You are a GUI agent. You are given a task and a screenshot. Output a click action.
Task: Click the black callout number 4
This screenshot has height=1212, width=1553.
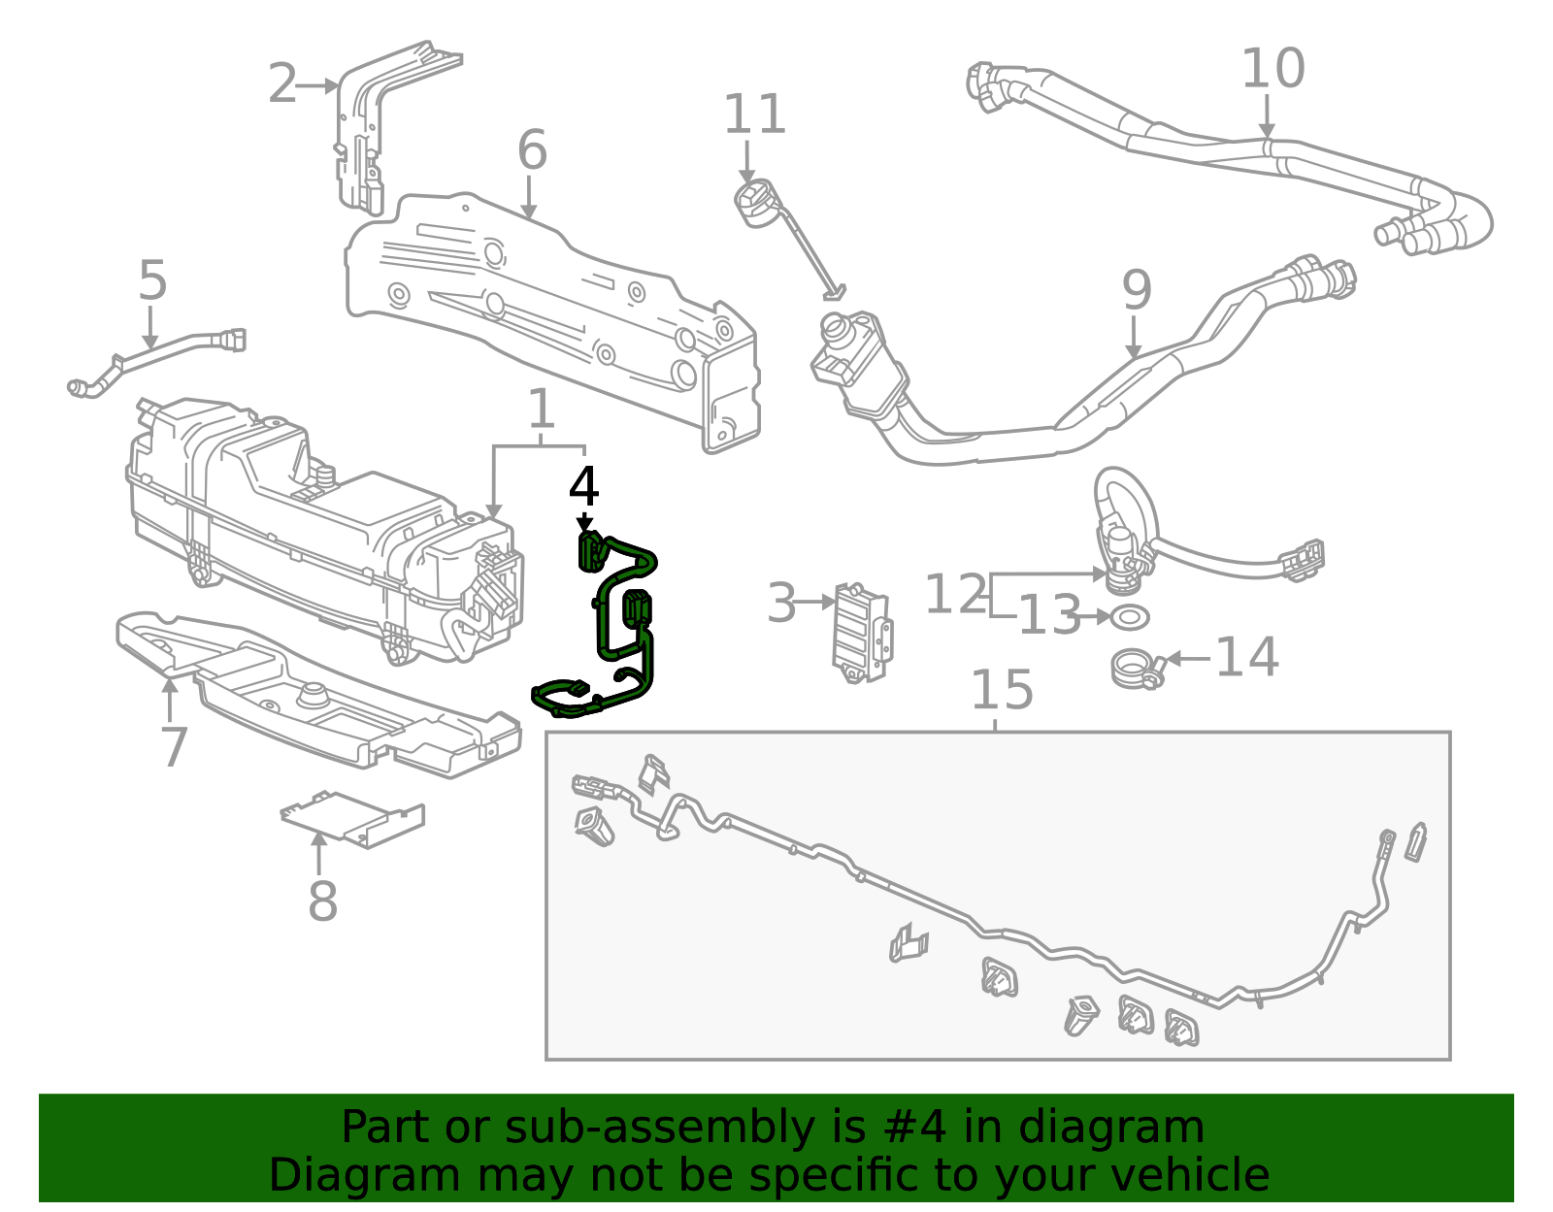(583, 487)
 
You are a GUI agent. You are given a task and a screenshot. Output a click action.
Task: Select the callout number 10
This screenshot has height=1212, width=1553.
(1272, 69)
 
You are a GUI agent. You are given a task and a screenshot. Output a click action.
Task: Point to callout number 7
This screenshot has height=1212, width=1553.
(173, 747)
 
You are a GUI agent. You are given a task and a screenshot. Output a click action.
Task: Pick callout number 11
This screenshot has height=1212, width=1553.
(754, 115)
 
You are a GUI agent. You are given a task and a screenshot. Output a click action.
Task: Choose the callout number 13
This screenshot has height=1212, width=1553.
(1048, 615)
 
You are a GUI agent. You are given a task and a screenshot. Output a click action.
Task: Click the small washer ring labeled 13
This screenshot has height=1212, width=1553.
(1129, 616)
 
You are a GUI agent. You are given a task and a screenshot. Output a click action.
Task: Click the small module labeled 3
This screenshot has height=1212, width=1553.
(861, 632)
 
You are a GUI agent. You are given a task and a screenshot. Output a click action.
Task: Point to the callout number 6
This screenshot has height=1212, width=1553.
(532, 150)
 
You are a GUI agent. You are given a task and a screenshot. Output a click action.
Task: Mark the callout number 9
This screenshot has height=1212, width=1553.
(1136, 290)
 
